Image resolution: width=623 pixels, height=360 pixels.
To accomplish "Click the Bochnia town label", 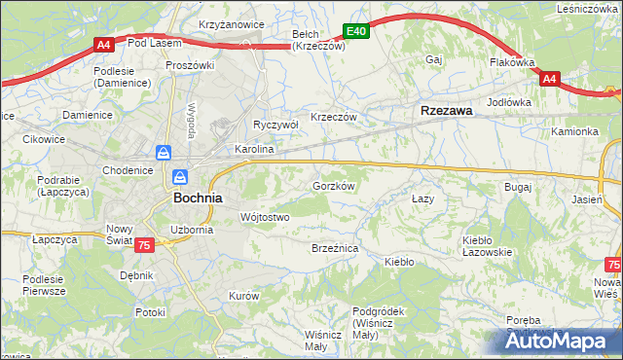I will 198,197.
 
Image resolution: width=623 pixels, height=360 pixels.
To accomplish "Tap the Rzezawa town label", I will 447,111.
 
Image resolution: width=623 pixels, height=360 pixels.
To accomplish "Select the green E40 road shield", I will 355,31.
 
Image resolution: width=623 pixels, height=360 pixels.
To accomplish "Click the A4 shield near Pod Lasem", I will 105,44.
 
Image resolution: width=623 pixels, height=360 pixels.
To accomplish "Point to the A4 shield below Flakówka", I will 549,79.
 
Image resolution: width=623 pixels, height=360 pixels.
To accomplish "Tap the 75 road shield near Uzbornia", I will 144,244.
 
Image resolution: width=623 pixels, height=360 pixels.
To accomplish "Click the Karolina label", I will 254,151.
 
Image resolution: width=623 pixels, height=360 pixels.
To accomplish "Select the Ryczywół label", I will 275,125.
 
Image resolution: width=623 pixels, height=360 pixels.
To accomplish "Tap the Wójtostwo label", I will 265,217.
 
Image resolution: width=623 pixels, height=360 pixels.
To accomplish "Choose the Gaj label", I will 434,59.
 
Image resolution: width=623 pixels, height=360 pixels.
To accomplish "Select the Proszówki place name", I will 190,65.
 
